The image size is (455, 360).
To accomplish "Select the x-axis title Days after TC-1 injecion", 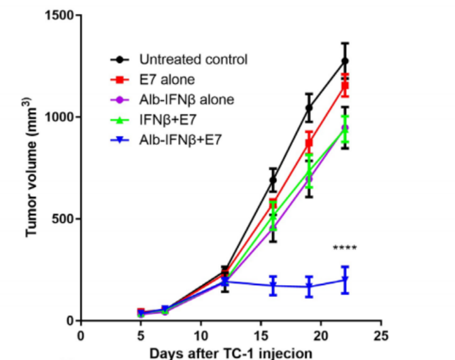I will point(230,352).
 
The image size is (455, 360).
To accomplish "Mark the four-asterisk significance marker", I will point(345,249).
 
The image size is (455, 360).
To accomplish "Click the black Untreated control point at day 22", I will point(345,61).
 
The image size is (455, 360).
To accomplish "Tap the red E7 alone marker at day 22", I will point(345,86).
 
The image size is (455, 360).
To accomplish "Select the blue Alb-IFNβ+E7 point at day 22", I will point(345,280).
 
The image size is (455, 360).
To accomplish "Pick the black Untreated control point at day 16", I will point(273,180).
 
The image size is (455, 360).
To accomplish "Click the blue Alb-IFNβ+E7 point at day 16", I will point(273,285).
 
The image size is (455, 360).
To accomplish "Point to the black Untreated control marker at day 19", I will point(309,108).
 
